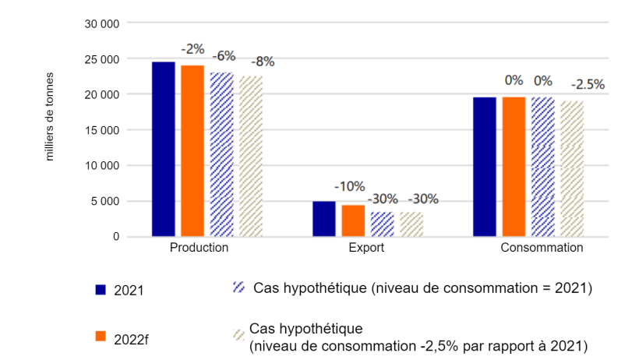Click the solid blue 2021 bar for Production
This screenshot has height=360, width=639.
[x=164, y=149]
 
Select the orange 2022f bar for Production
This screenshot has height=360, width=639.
[x=192, y=150]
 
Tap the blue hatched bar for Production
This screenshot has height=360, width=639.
[x=222, y=154]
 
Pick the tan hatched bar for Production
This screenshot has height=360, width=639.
[x=251, y=156]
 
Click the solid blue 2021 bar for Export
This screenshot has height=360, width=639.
[x=324, y=218]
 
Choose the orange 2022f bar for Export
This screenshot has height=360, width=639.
[x=353, y=221]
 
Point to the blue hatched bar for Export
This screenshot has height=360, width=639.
[x=383, y=224]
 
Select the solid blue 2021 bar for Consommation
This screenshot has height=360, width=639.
[x=485, y=167]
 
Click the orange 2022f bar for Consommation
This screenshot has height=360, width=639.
[x=514, y=167]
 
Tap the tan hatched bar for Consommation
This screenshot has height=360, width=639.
[x=572, y=169]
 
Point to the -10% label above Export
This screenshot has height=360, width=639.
[x=349, y=186]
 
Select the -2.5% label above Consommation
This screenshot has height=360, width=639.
[x=587, y=84]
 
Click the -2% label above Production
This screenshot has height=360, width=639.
[x=192, y=48]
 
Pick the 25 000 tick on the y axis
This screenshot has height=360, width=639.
[x=102, y=58]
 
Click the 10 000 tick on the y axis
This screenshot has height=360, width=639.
[x=102, y=165]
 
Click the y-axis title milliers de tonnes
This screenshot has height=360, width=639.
[x=50, y=117]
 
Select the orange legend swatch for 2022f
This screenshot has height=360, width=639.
[x=101, y=336]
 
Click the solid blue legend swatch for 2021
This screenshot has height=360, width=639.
[x=101, y=290]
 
